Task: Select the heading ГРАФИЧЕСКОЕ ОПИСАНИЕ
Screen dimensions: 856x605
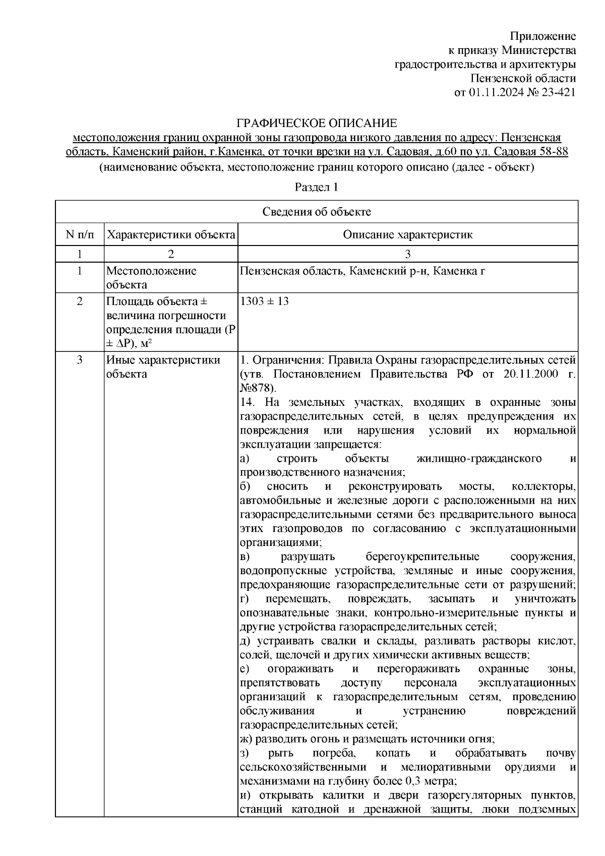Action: [317, 124]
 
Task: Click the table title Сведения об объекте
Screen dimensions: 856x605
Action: [317, 212]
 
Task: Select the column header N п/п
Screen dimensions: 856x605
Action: [79, 235]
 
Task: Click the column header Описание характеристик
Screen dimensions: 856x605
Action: [407, 235]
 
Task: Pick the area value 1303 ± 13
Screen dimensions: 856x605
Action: [265, 301]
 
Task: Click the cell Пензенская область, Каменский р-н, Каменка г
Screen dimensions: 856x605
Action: [362, 271]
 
